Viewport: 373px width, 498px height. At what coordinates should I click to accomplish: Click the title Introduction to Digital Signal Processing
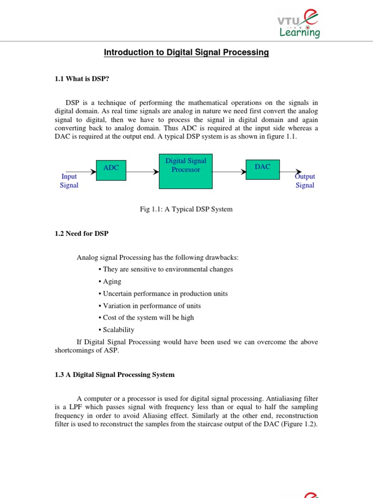click(186, 53)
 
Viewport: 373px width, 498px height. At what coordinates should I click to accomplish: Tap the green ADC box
click(111, 170)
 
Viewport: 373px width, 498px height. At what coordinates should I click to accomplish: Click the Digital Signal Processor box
click(186, 171)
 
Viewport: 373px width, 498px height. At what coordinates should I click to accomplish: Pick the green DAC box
click(262, 169)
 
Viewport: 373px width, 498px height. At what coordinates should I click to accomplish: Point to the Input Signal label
click(69, 181)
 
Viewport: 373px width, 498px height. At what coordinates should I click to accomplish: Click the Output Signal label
click(305, 181)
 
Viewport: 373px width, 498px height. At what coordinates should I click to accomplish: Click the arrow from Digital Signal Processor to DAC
click(229, 172)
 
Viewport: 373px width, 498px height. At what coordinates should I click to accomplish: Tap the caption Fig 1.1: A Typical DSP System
click(186, 209)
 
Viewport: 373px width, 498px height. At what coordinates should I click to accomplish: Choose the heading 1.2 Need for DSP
click(82, 233)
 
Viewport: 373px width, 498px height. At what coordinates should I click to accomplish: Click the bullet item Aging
click(112, 282)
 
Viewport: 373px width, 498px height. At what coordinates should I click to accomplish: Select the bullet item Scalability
click(118, 330)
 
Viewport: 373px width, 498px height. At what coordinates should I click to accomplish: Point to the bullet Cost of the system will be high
click(148, 318)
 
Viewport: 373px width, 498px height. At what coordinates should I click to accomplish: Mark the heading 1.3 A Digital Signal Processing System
click(114, 375)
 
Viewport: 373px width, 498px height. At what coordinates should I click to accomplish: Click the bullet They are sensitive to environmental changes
click(168, 269)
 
